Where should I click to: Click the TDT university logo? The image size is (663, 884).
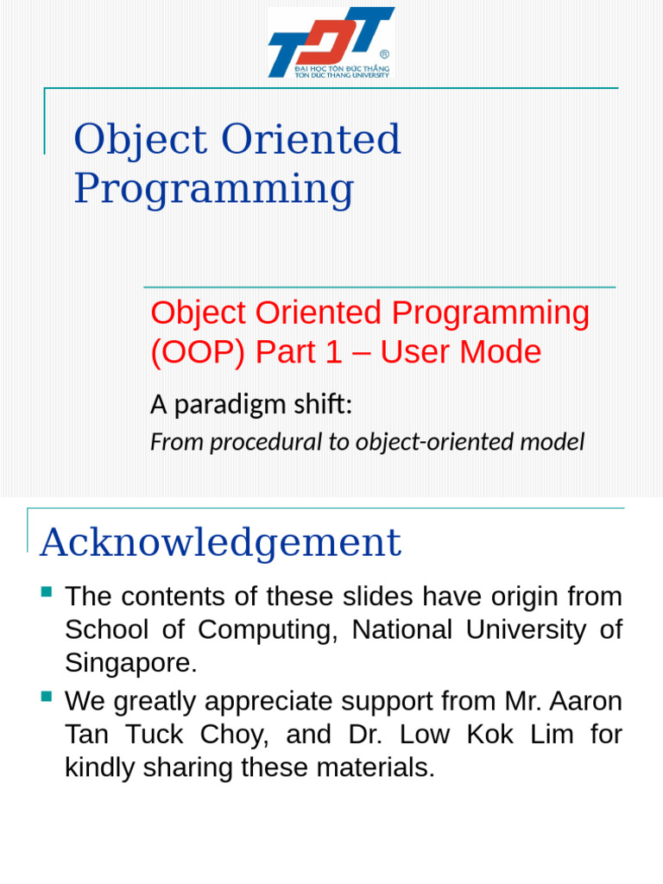pyautogui.click(x=331, y=43)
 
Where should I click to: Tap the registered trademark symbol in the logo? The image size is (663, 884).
pyautogui.click(x=384, y=54)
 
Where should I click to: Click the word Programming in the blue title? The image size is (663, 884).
pyautogui.click(x=213, y=189)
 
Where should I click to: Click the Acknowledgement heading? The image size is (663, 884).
pyautogui.click(x=220, y=542)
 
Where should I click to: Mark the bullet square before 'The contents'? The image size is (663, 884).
pyautogui.click(x=47, y=592)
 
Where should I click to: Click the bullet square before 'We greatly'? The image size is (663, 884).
pyautogui.click(x=47, y=696)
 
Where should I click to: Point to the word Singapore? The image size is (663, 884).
pyautogui.click(x=130, y=664)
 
